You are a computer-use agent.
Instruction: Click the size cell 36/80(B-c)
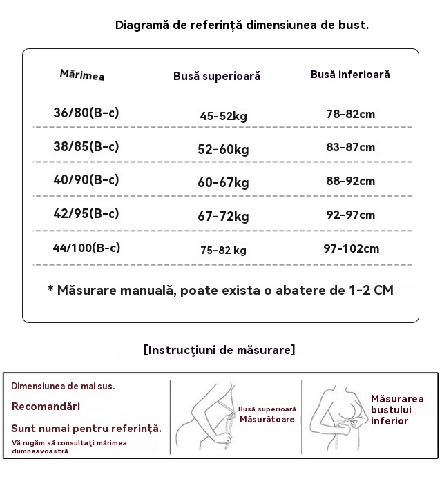click(x=86, y=113)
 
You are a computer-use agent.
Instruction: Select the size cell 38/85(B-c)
click(x=86, y=146)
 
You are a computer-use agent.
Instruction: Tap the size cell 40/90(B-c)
click(x=86, y=179)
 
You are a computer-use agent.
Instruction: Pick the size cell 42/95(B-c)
click(x=86, y=213)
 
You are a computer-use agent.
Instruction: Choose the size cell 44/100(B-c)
click(x=86, y=248)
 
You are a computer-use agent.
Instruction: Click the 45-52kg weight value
click(x=223, y=116)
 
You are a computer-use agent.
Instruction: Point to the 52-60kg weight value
click(x=223, y=150)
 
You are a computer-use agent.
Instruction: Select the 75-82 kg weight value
click(x=223, y=251)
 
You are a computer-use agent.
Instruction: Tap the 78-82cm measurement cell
click(x=350, y=114)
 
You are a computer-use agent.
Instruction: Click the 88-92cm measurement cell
click(x=350, y=182)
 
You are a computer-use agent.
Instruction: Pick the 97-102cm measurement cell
click(x=351, y=248)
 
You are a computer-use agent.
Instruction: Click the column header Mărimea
click(x=82, y=75)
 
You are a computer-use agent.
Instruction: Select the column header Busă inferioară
click(x=350, y=74)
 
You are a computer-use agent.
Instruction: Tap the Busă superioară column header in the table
click(x=217, y=76)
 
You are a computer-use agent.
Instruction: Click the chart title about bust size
click(x=242, y=26)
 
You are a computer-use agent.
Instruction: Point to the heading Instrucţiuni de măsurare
click(x=220, y=350)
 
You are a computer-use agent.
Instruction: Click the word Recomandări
click(x=46, y=407)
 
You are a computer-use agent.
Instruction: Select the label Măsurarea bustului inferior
click(x=396, y=410)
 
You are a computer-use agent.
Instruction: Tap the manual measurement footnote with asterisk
click(x=220, y=290)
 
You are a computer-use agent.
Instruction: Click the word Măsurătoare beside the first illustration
click(x=267, y=420)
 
